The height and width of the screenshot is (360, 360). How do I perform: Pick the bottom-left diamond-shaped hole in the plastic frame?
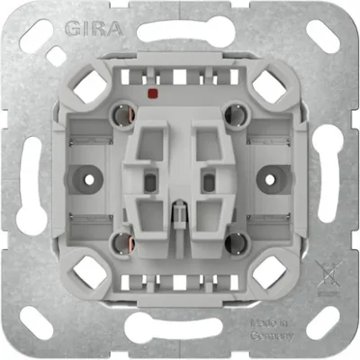90,270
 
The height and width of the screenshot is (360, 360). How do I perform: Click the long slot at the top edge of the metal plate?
180,31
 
